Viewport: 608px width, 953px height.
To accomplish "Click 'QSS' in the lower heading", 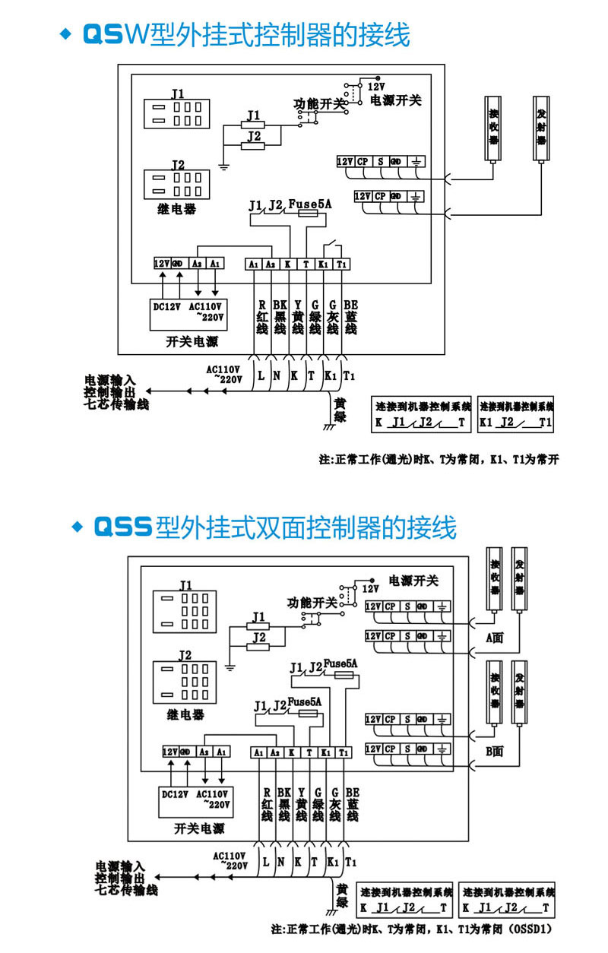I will point(122,527).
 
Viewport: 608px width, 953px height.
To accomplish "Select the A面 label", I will point(496,638).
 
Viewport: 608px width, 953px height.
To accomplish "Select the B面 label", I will point(496,752).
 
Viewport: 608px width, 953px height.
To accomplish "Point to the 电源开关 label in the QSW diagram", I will point(395,100).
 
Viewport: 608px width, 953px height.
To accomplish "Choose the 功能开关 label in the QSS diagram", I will point(312,603).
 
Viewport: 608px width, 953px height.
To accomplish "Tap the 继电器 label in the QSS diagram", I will point(185,715).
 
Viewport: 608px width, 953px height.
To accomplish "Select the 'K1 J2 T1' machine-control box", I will point(516,415).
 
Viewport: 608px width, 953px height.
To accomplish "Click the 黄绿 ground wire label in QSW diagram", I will point(340,410).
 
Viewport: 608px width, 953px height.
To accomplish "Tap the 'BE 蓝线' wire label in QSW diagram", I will point(350,315).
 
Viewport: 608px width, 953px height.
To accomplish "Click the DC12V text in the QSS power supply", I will point(176,794).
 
